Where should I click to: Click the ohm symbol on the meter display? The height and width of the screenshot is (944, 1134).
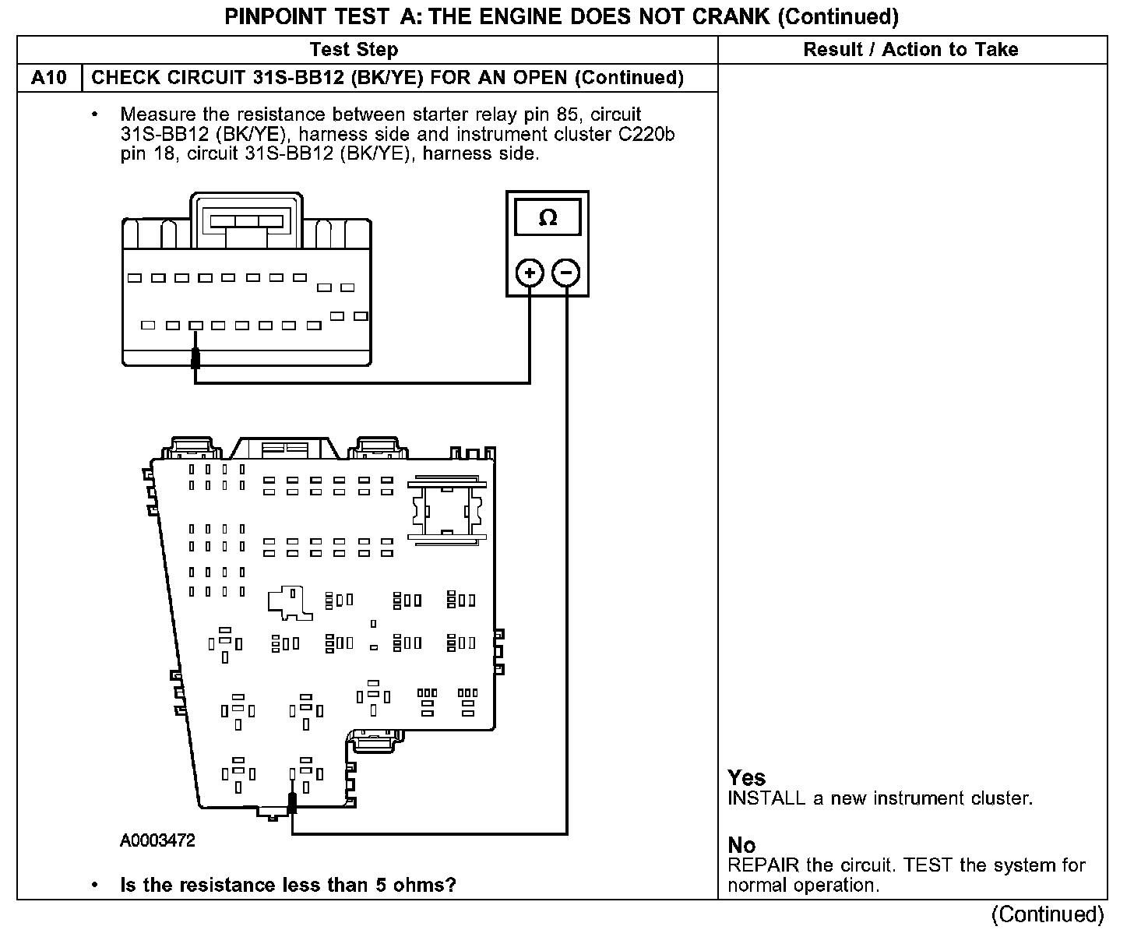pyautogui.click(x=548, y=218)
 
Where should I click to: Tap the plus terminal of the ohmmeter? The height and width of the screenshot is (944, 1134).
pyautogui.click(x=530, y=273)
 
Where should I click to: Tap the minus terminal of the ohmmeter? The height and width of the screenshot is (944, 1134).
pyautogui.click(x=566, y=273)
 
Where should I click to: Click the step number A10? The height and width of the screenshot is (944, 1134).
pyautogui.click(x=49, y=78)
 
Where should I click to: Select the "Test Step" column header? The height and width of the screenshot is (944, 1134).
pyautogui.click(x=354, y=50)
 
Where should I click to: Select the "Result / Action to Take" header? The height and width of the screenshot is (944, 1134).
pyautogui.click(x=910, y=50)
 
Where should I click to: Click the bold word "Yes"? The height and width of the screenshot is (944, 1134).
pyautogui.click(x=747, y=777)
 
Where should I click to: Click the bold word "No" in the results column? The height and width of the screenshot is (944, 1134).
pyautogui.click(x=741, y=845)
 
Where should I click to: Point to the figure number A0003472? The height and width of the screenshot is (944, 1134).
pyautogui.click(x=157, y=840)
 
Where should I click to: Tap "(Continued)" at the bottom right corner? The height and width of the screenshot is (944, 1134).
pyautogui.click(x=1048, y=914)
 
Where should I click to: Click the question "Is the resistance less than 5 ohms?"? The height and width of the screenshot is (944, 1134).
pyautogui.click(x=287, y=885)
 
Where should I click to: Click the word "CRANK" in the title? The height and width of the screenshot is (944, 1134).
pyautogui.click(x=734, y=16)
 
